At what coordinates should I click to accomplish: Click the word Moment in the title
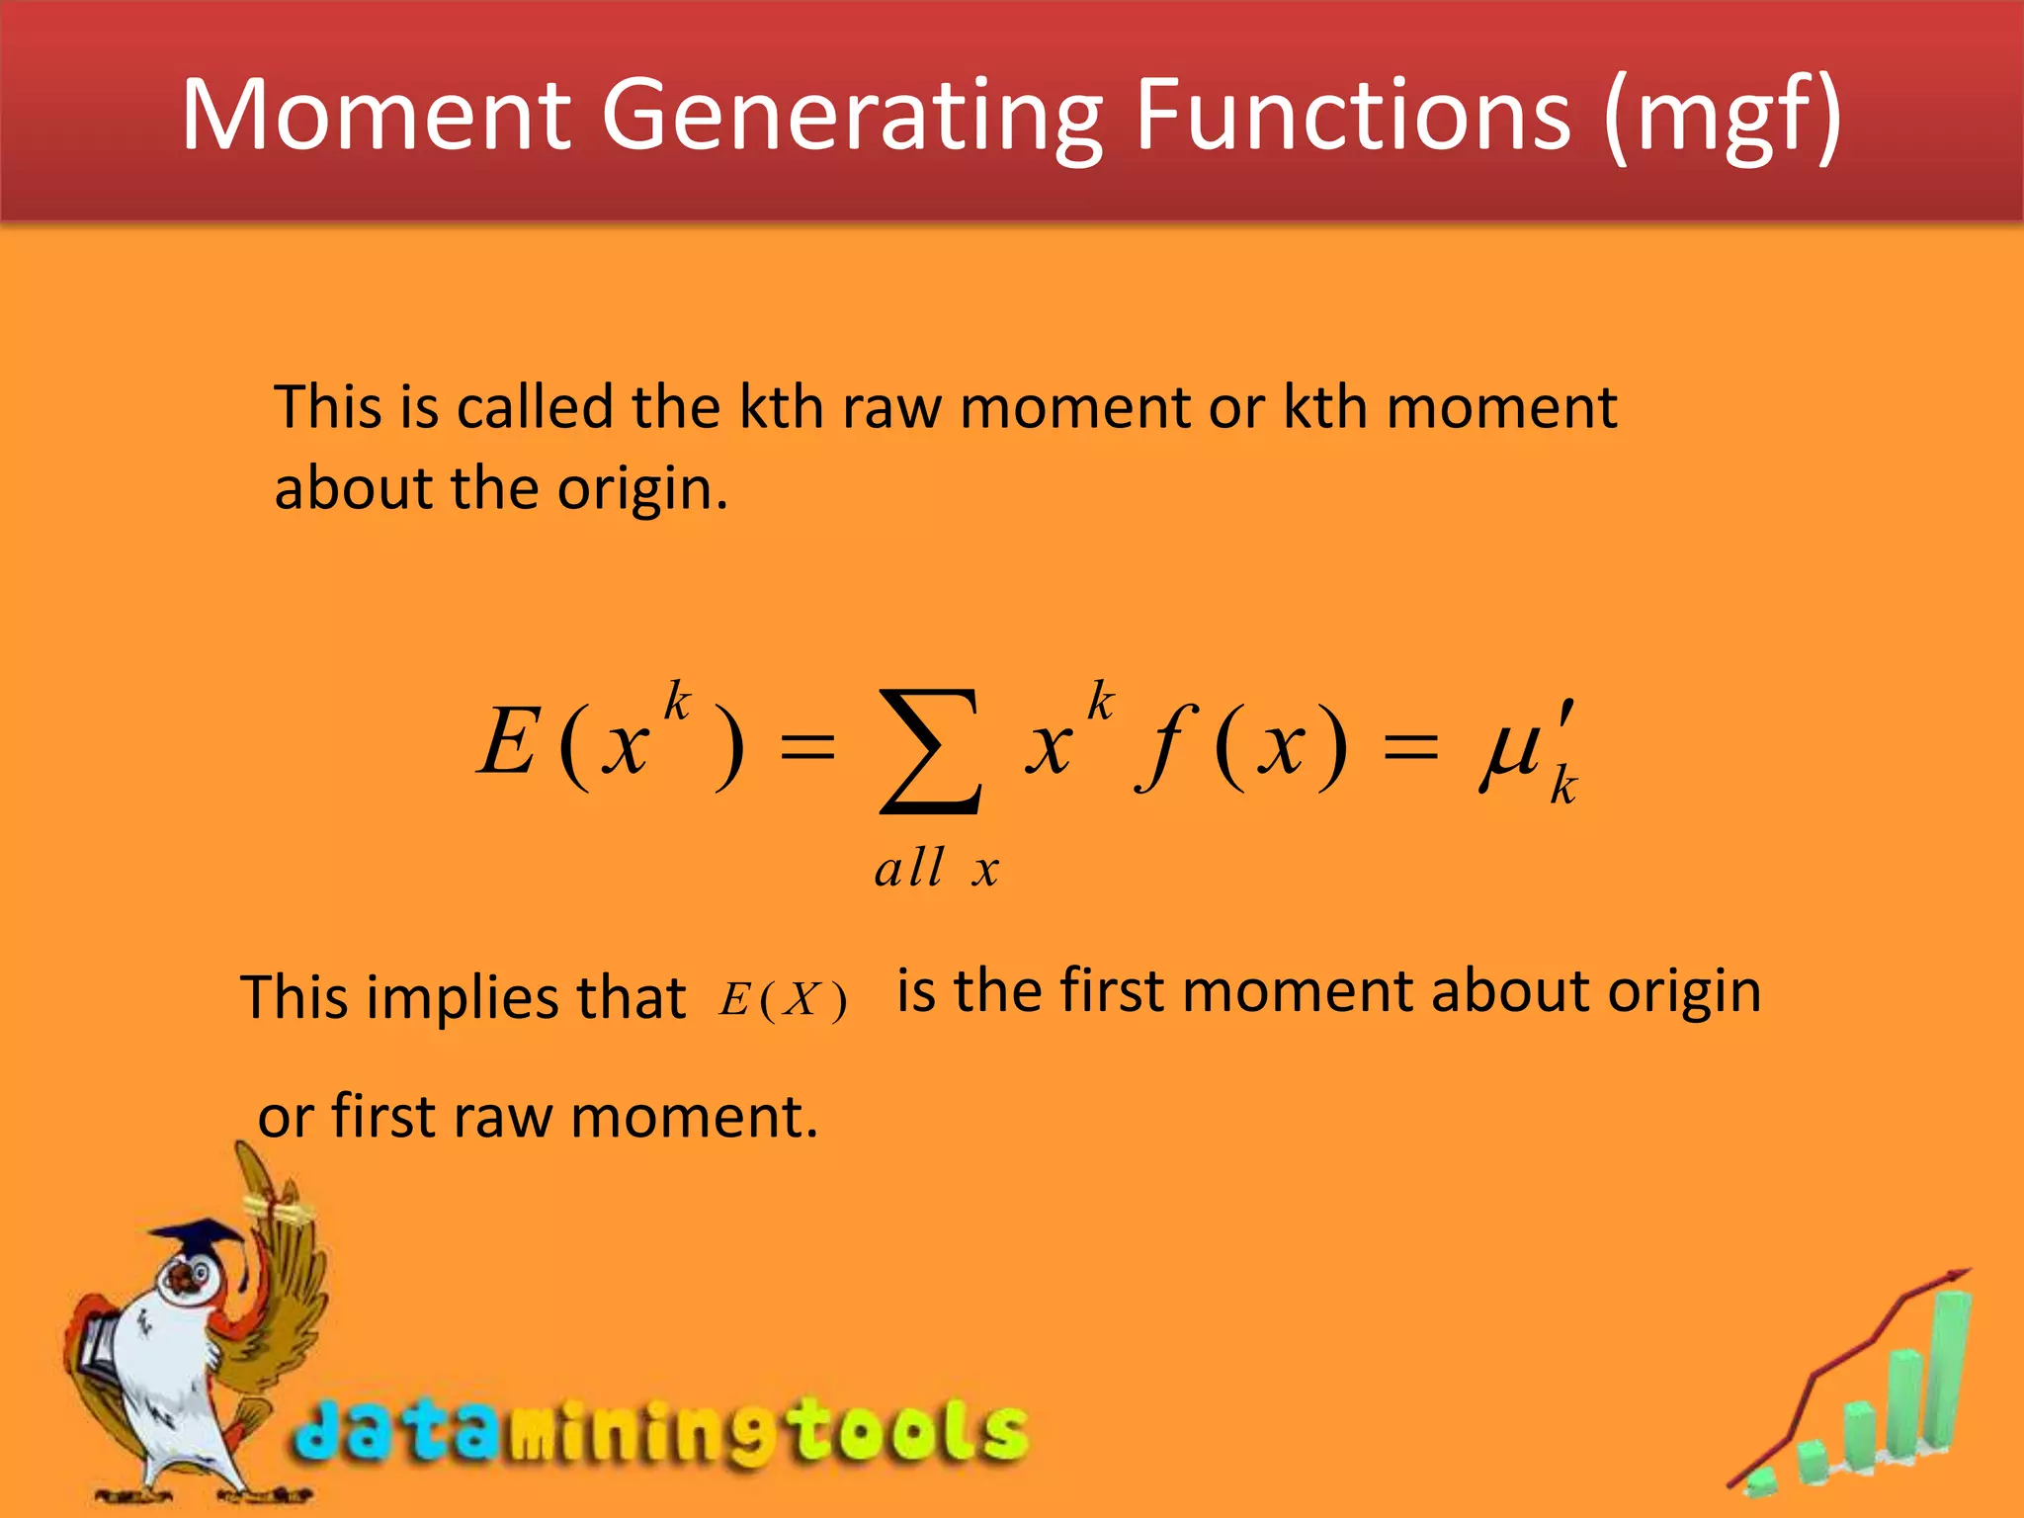(377, 117)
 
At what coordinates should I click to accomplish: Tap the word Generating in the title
(851, 117)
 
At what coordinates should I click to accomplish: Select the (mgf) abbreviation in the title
(1723, 117)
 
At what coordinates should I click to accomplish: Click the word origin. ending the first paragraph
(642, 488)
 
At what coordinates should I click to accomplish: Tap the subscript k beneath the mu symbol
(1562, 787)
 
